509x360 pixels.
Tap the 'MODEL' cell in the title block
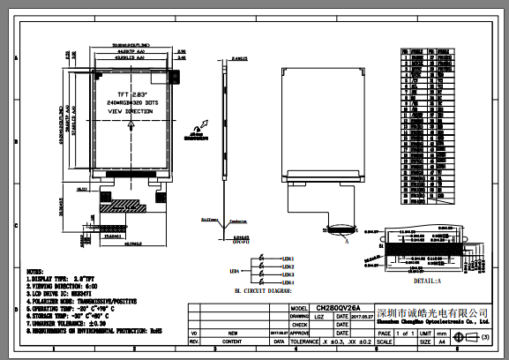click(298, 309)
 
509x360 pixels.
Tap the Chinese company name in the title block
click(431, 313)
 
